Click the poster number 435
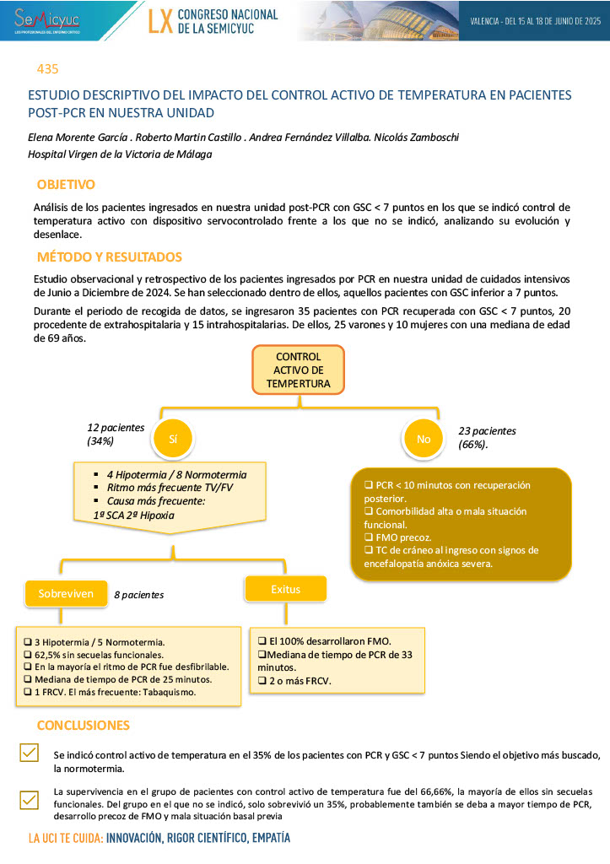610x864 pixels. pos(47,69)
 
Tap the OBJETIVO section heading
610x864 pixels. pos(66,185)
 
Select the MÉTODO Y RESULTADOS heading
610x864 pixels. pos(109,257)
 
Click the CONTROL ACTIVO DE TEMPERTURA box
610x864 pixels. pos(298,370)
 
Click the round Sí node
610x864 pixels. pos(173,439)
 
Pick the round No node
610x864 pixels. pos(424,439)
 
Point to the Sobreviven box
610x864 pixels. pos(66,593)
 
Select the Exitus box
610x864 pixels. pos(285,589)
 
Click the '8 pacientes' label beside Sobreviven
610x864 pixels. pos(139,595)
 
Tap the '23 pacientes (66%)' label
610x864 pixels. pos(487,437)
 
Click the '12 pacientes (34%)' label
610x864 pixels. pos(116,434)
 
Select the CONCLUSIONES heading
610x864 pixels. pos(83,726)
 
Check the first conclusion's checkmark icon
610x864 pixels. pos(29,753)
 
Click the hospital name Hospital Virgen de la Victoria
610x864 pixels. pos(120,154)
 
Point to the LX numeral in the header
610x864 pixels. pos(160,22)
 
